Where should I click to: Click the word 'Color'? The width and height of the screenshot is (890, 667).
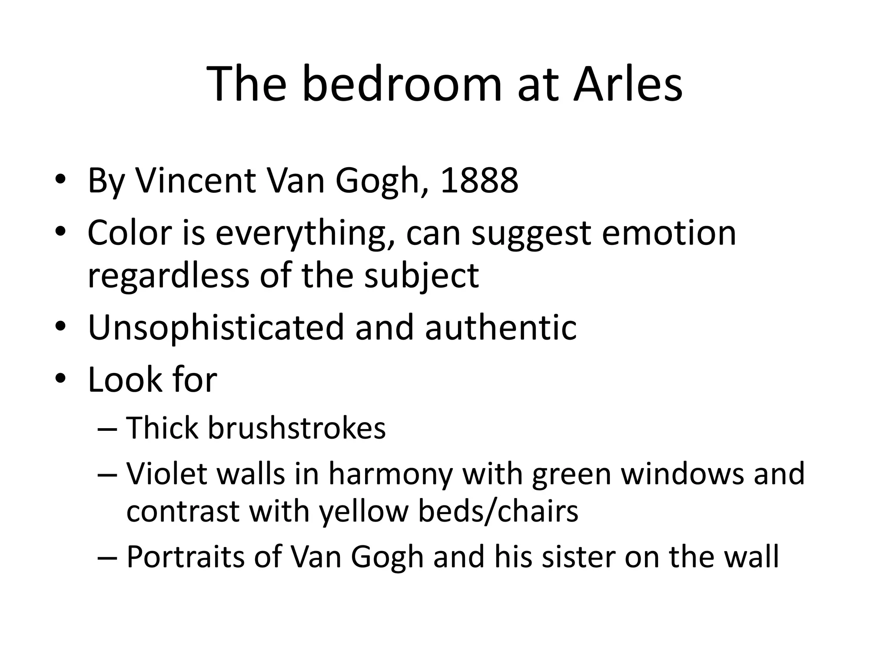tap(130, 233)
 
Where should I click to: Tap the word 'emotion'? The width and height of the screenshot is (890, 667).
tap(669, 233)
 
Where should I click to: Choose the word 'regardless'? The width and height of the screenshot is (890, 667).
tap(169, 276)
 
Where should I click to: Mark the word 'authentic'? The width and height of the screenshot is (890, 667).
tap(501, 327)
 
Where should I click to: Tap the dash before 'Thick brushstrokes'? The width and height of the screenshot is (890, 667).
tap(107, 429)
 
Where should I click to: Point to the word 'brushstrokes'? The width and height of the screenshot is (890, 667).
tap(297, 428)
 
